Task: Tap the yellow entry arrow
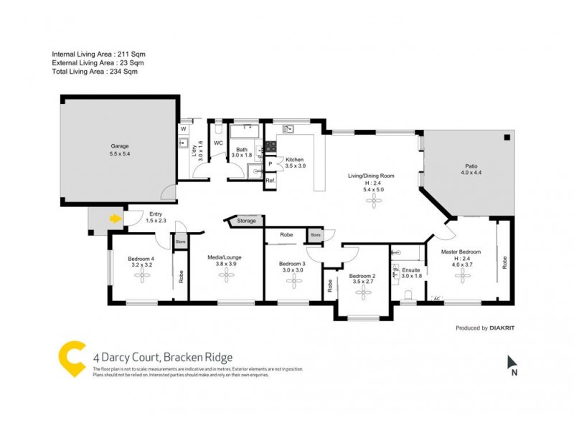coord(115,218)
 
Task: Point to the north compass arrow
coord(512,362)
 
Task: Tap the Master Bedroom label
coord(460,252)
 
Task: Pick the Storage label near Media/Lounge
coord(246,221)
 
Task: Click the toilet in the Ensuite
coord(408,295)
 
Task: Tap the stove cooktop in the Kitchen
coord(271,146)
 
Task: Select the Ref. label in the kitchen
coord(270,181)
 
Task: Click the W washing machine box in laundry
coord(183,129)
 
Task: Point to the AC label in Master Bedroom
coord(436,297)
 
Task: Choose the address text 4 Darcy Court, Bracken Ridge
coord(162,356)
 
